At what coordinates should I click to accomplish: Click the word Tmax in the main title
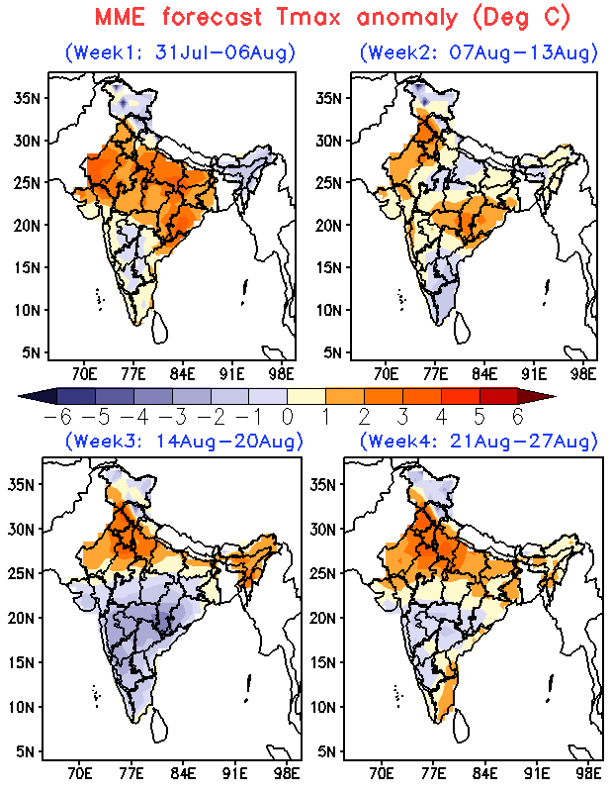(x=308, y=17)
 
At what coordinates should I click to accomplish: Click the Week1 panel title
(x=180, y=52)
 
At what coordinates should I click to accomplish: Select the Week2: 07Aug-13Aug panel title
(x=479, y=52)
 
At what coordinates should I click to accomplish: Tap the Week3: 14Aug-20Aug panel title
(x=184, y=441)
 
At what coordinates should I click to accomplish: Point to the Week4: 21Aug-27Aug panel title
(x=479, y=441)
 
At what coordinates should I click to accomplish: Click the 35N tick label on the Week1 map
(x=27, y=98)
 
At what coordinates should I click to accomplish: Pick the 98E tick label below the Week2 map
(x=583, y=374)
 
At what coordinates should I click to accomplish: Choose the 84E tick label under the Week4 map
(x=484, y=773)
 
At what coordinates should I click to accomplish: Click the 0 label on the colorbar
(x=288, y=417)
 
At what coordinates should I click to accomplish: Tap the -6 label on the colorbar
(x=57, y=417)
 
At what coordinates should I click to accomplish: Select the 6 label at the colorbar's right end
(x=518, y=417)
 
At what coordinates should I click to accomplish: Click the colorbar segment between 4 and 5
(x=460, y=396)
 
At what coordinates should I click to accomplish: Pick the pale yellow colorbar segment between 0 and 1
(x=306, y=396)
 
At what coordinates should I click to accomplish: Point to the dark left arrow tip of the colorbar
(x=19, y=396)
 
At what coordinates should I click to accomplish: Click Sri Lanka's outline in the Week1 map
(x=159, y=328)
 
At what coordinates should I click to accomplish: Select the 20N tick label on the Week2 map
(x=328, y=226)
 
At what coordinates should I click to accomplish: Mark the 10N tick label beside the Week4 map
(x=323, y=707)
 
